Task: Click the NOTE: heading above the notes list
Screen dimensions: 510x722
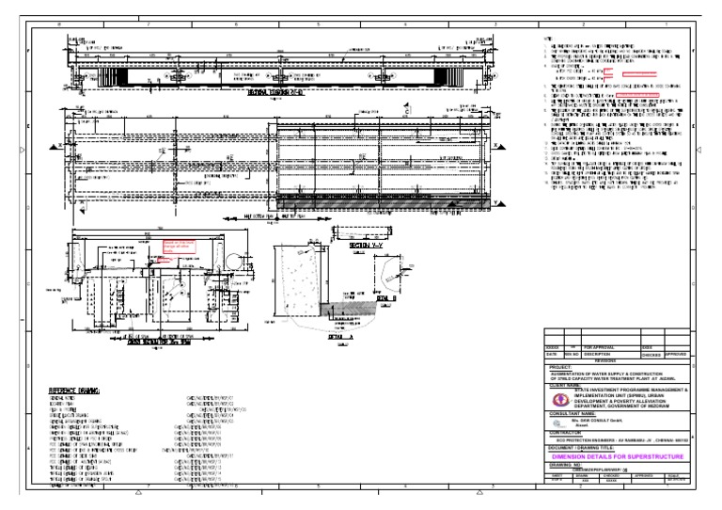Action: [x=547, y=37]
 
